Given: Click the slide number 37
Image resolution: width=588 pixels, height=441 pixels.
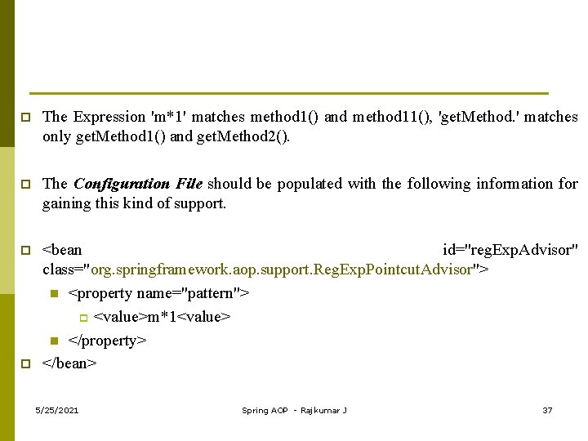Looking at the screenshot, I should coord(547,410).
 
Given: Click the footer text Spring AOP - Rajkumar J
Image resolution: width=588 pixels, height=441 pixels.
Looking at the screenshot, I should coord(294,410).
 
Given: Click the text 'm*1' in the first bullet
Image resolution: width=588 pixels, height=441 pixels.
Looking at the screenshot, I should coord(170,117).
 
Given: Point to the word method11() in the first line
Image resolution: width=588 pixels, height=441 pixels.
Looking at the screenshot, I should coord(392,117).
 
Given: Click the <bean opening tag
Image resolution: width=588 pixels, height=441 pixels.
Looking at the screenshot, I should coord(62,250).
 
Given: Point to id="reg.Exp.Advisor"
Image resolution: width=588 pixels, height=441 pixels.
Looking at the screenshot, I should coord(510,250).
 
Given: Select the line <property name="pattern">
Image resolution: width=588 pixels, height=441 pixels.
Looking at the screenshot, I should coord(159,293).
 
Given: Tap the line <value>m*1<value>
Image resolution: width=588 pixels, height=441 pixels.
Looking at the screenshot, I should coord(163,317).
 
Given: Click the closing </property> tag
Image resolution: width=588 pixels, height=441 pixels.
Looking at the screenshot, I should coord(107,341).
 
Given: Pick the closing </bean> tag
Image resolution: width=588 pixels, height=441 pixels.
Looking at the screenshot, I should coord(69,363).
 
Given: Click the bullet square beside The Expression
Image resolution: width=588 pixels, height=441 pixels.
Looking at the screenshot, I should coord(25,118).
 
